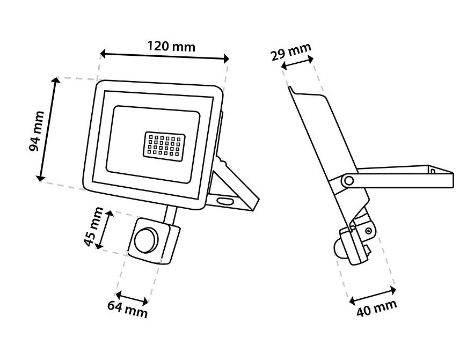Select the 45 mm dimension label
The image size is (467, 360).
point(93,227)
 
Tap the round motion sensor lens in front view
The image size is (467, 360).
point(145,240)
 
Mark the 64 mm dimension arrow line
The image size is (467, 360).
point(132,298)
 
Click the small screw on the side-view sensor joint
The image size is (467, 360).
point(368,231)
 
